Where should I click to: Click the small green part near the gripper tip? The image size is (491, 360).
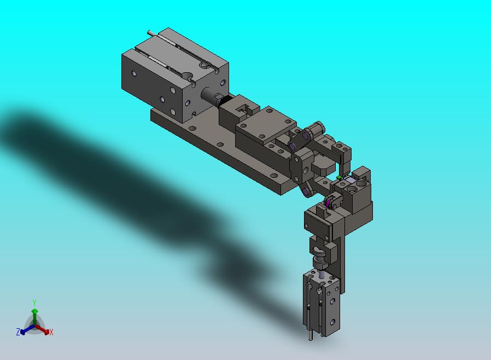pos(339,177)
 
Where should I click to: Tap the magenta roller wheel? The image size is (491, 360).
pos(328,204)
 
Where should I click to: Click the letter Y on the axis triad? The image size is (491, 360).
pos(34,303)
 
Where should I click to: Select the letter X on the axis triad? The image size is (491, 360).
pos(51,332)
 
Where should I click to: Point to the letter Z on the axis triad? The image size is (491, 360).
pos(18,332)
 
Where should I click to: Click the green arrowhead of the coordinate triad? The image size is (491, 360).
pos(35,311)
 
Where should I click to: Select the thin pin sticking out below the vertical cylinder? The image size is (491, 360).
pos(311,334)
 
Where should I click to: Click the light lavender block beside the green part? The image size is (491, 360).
pos(350,180)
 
